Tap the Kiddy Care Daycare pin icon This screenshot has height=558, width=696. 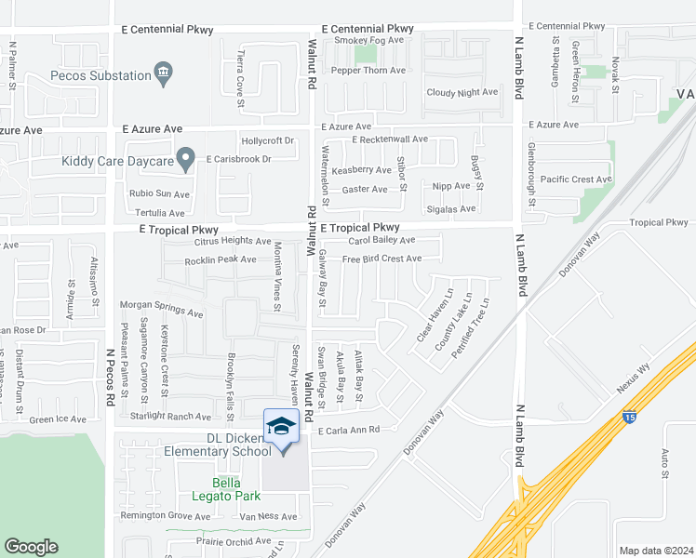point(186,160)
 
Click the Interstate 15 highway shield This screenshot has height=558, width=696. point(630,418)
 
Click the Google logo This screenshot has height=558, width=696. point(32,547)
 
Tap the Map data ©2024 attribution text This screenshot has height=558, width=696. point(655,551)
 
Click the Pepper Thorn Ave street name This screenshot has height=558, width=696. point(369,71)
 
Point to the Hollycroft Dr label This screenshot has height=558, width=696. point(268,141)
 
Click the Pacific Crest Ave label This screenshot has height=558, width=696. point(576,179)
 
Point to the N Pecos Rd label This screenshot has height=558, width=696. point(109,377)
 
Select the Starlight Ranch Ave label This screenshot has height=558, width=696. point(171,417)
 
